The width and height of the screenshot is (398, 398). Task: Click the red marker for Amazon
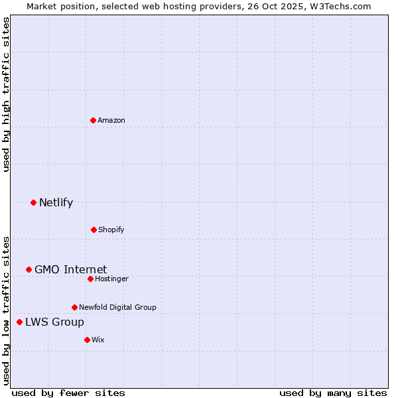click(93, 120)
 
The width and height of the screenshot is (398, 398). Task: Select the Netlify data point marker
click(33, 202)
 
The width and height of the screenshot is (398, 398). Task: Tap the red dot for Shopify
click(94, 230)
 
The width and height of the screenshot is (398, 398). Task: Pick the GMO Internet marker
click(29, 269)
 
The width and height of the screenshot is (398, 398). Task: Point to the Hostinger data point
click(90, 279)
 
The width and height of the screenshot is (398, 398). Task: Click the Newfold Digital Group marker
click(74, 307)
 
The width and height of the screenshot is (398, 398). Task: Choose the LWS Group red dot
click(19, 322)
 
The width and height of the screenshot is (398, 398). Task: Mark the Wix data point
click(87, 340)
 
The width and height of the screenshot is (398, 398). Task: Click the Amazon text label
click(111, 120)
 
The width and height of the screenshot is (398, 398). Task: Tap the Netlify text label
click(56, 202)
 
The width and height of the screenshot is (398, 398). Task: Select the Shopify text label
click(111, 230)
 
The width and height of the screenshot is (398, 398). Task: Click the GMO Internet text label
click(70, 269)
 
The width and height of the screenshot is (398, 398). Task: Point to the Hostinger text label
click(111, 279)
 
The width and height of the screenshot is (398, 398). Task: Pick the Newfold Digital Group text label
click(117, 307)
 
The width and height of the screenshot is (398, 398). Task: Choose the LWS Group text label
click(54, 322)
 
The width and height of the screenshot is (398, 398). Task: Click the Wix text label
click(98, 340)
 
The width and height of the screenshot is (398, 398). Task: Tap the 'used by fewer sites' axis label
click(68, 393)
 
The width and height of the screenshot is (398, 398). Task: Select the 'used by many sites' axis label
click(333, 393)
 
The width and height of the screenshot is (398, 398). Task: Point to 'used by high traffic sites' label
click(6, 94)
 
